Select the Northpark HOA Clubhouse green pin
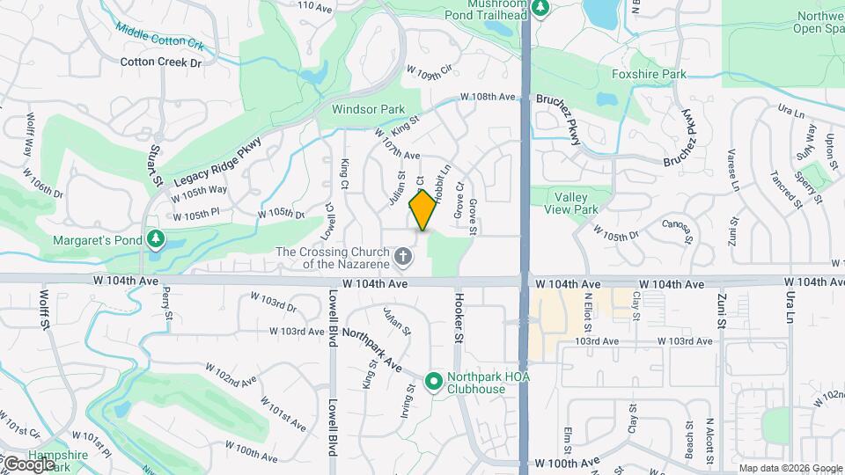pos(433,382)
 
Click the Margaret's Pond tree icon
pos(156,239)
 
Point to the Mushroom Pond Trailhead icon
pos(540,9)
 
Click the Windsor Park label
pos(368,110)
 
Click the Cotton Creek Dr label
pos(161,62)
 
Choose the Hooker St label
pos(458,318)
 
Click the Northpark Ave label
pos(371,349)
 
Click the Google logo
pos(28,463)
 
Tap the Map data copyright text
pos(789,468)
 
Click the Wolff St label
pos(44,310)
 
